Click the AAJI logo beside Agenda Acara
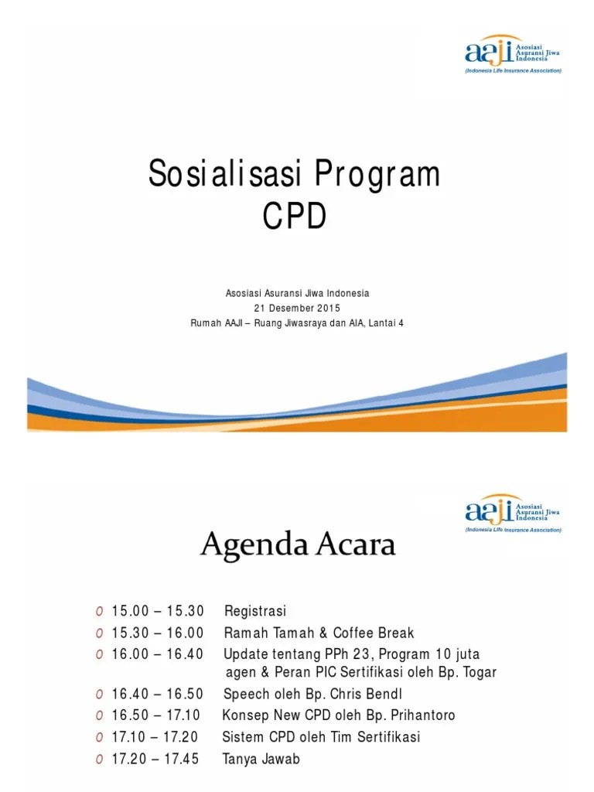513,511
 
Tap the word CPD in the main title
294,217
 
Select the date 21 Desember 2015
297,308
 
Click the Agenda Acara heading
298,546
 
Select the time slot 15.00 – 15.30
157,612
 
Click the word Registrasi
254,612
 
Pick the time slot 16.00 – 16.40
157,654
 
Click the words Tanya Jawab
261,759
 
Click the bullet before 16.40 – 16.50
100,694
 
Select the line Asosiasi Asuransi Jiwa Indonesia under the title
297,293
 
